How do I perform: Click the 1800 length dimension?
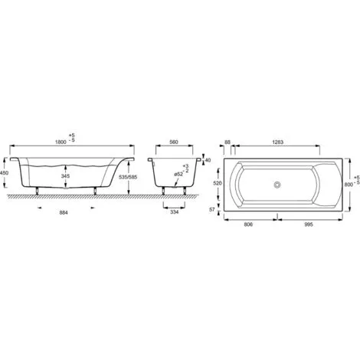point(61,142)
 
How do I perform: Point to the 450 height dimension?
point(4,173)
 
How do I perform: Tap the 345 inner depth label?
point(65,176)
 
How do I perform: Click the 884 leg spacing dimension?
point(64,212)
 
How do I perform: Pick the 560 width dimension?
point(174,142)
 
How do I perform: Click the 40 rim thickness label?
point(208,160)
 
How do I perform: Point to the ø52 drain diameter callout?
point(178,174)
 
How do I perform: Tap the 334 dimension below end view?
point(175,212)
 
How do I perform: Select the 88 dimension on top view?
point(227,142)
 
